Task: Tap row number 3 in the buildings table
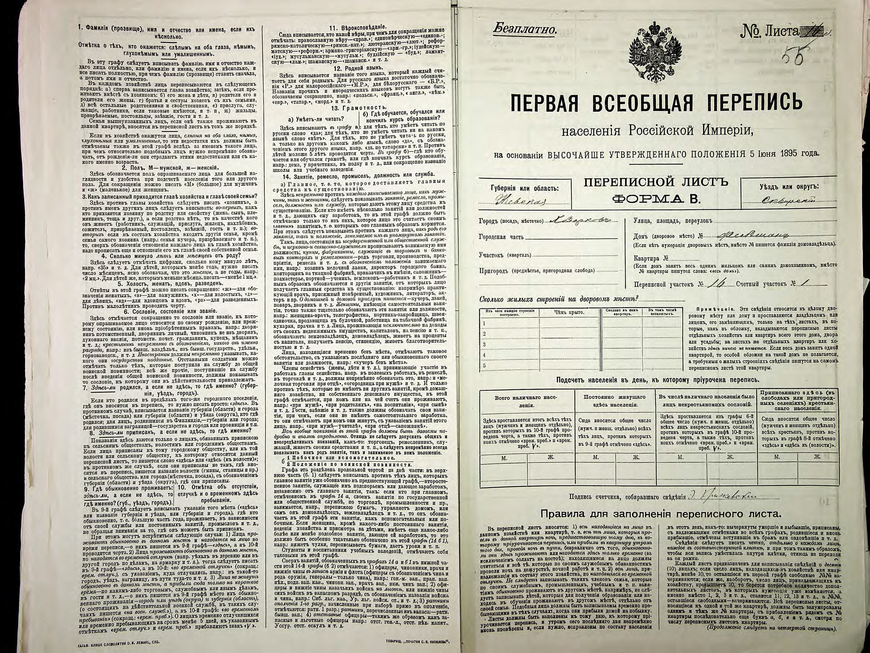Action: tap(484, 344)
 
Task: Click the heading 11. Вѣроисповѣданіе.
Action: tap(355, 28)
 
